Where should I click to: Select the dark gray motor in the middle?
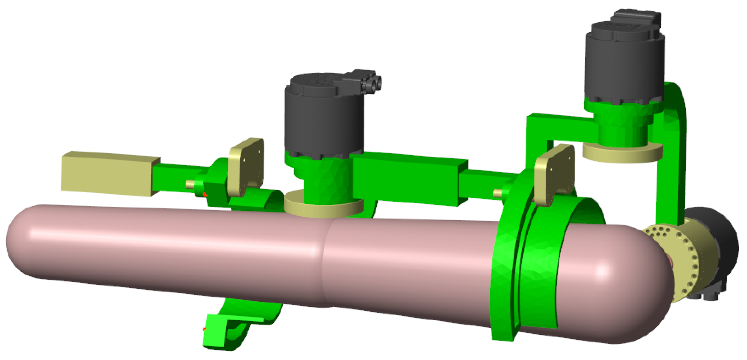pyautogui.click(x=322, y=122)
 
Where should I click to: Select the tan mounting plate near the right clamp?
pyautogui.click(x=554, y=174)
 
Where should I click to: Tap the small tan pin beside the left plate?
pyautogui.click(x=190, y=184)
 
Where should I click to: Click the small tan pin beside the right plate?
pyautogui.click(x=497, y=192)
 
